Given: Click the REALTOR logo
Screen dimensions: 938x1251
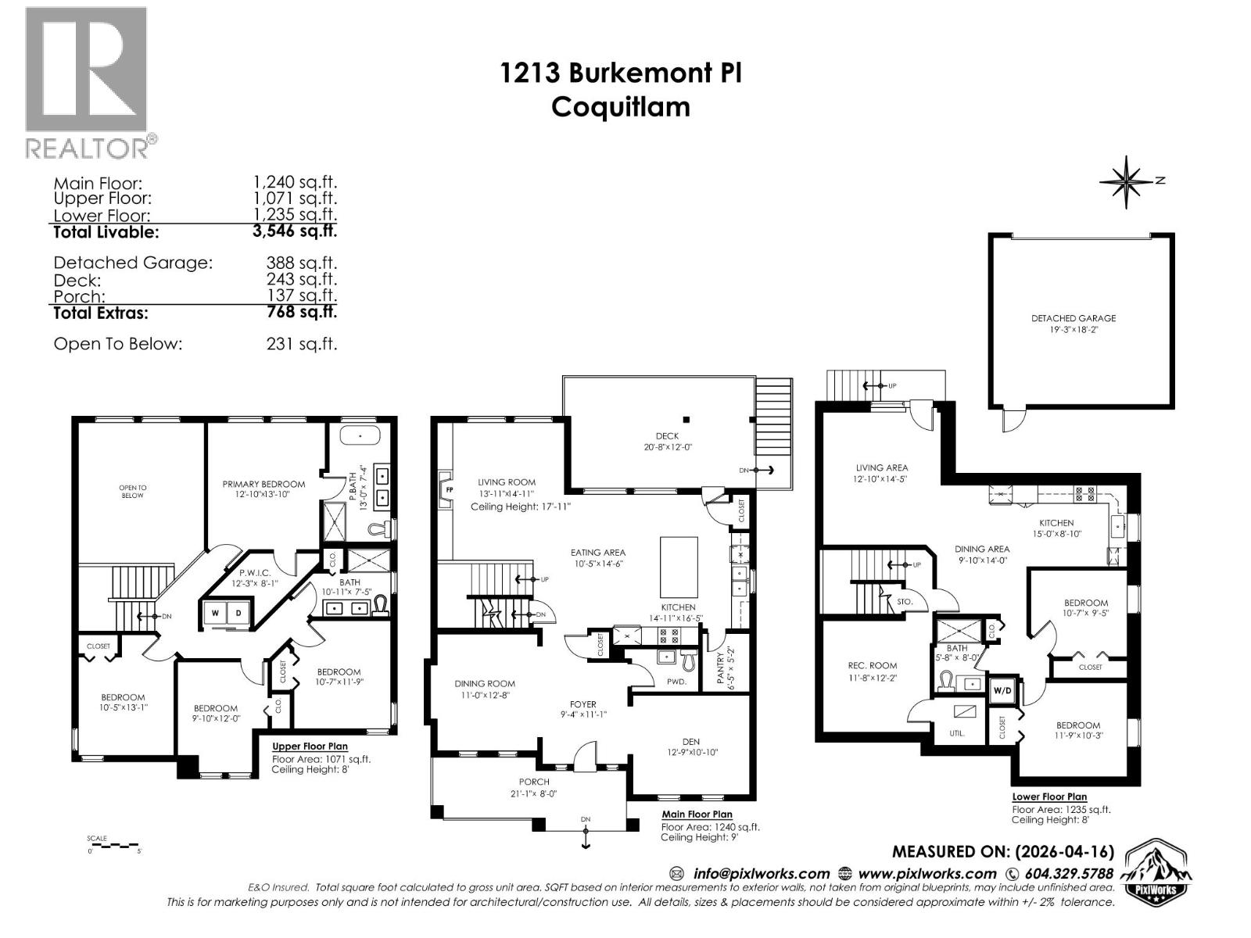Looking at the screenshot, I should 86,82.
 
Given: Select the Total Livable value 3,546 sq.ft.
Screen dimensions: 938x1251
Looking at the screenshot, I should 294,231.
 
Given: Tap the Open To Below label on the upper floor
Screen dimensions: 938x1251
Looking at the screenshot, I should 132,491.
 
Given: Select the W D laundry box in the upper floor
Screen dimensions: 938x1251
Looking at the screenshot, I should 227,614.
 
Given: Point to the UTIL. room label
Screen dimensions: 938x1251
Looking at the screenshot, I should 956,733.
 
